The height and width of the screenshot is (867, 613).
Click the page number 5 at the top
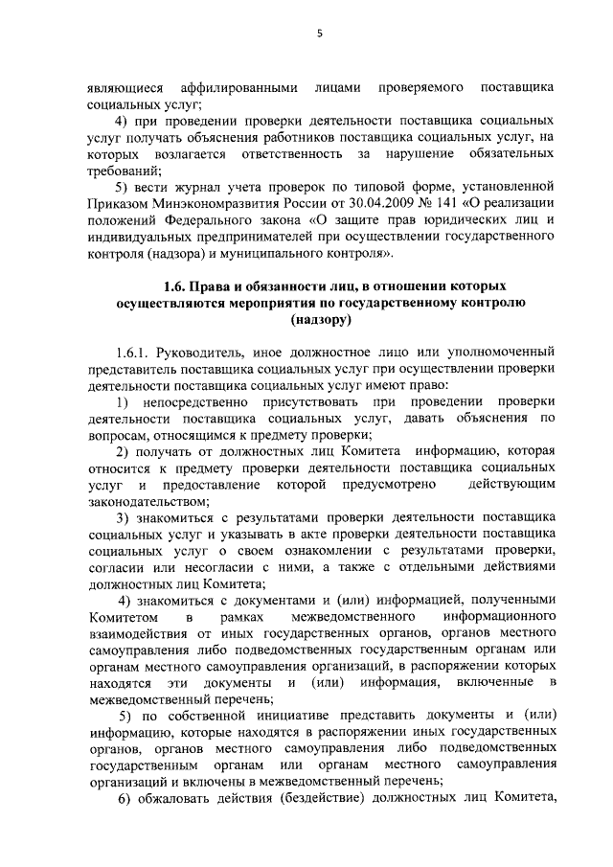click(x=321, y=34)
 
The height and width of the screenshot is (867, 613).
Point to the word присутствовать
click(x=313, y=399)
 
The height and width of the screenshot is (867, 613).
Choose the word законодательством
click(x=147, y=500)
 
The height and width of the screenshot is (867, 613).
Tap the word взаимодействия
click(x=142, y=637)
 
